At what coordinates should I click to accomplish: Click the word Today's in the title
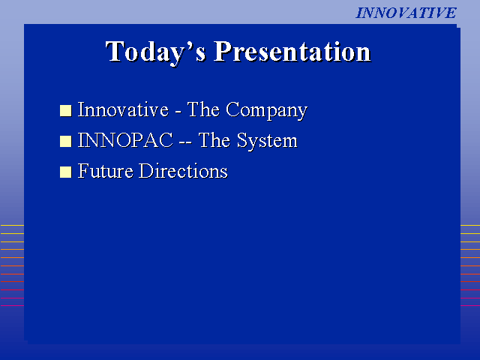(x=156, y=52)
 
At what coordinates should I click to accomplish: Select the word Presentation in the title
(x=292, y=52)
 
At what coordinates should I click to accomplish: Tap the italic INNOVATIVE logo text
(x=406, y=13)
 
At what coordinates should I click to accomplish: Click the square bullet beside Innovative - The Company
(x=65, y=110)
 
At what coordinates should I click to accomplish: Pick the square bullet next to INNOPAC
(x=65, y=141)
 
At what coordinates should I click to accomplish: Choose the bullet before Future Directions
(x=65, y=172)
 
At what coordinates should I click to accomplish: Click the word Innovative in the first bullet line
(x=123, y=109)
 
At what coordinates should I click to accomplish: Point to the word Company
(x=267, y=110)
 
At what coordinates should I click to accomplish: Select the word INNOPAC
(x=125, y=140)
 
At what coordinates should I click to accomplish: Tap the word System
(x=267, y=142)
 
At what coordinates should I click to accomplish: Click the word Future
(x=105, y=170)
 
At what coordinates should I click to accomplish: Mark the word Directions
(x=183, y=170)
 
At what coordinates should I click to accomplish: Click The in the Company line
(x=203, y=109)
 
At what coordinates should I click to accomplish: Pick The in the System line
(x=214, y=140)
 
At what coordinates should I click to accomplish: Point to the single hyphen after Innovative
(x=178, y=112)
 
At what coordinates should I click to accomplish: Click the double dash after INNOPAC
(x=185, y=143)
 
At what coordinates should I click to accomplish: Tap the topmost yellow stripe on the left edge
(x=12, y=225)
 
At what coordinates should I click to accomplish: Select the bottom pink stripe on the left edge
(x=12, y=305)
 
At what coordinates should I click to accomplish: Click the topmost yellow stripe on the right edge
(x=470, y=225)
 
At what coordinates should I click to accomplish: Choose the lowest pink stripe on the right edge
(x=470, y=305)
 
